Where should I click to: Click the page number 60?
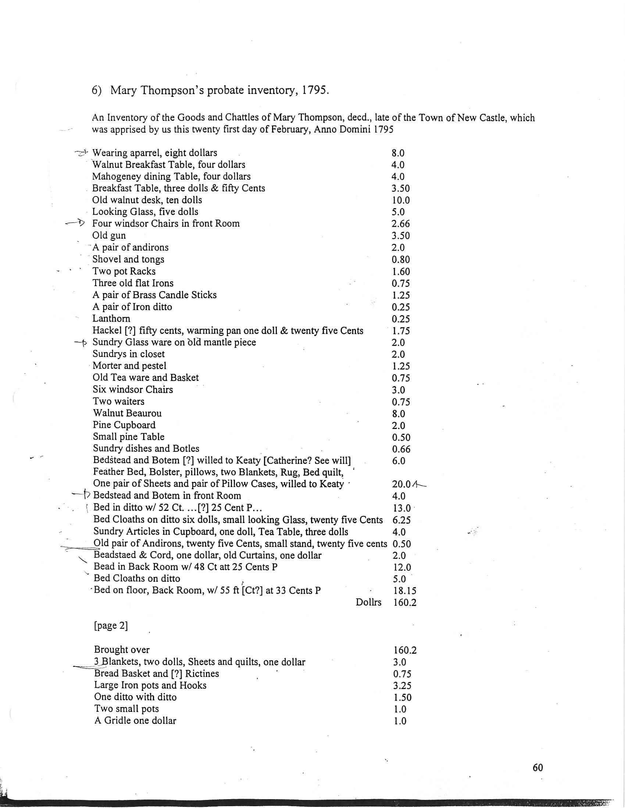tap(537, 768)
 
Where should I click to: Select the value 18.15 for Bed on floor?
tap(402, 591)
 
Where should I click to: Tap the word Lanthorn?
tap(111, 318)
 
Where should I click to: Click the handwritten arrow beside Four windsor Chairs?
tap(75, 223)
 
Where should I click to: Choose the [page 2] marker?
tap(111, 625)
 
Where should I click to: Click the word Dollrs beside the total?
tap(368, 602)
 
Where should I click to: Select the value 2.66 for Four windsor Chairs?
tap(401, 224)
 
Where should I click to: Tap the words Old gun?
tap(109, 236)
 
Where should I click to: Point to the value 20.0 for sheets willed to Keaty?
tap(401, 484)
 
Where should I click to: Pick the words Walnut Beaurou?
tap(127, 413)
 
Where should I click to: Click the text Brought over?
tap(122, 650)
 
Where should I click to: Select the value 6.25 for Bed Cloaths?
tap(402, 520)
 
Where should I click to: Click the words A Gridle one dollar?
tap(135, 721)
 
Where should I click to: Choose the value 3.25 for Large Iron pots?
tap(402, 686)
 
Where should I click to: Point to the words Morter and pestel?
tap(129, 366)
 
